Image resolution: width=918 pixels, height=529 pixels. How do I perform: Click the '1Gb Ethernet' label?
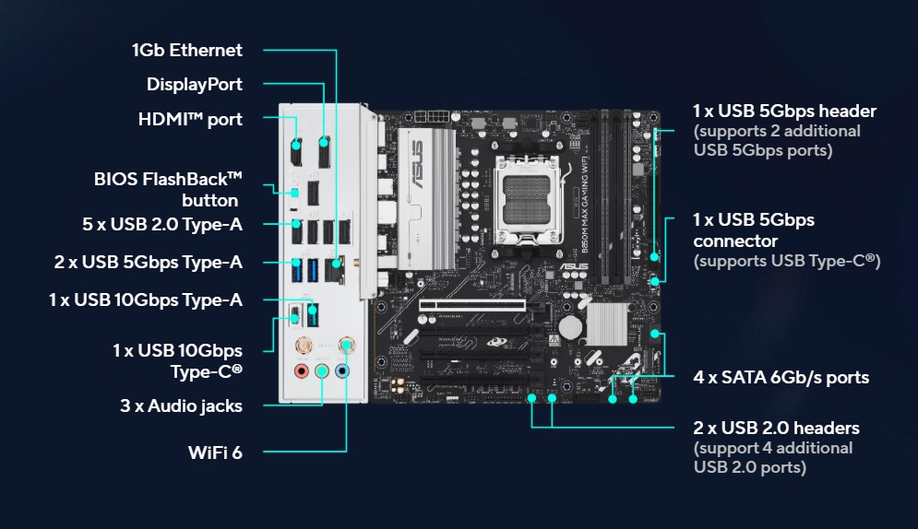pyautogui.click(x=187, y=50)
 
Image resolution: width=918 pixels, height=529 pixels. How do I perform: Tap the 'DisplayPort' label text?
pyautogui.click(x=195, y=84)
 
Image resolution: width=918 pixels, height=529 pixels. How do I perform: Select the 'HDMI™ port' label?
pyautogui.click(x=190, y=119)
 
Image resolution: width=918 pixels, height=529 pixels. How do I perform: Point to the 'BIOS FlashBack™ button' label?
pyautogui.click(x=168, y=188)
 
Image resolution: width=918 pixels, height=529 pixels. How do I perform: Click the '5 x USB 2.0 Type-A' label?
pyautogui.click(x=162, y=224)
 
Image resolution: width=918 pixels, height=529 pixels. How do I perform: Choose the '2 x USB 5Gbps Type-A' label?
pyautogui.click(x=148, y=262)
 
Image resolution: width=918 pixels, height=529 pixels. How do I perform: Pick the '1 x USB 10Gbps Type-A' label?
pyautogui.click(x=145, y=300)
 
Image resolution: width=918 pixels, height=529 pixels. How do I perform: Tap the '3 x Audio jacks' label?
pyautogui.click(x=181, y=405)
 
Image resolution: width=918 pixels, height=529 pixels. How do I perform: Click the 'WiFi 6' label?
pyautogui.click(x=214, y=453)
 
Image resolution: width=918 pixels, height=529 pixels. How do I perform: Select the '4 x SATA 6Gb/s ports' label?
pyautogui.click(x=781, y=377)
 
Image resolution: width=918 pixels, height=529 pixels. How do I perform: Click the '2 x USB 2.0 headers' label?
pyautogui.click(x=776, y=428)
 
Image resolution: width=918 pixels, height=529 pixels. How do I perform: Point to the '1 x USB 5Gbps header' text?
pyautogui.click(x=784, y=111)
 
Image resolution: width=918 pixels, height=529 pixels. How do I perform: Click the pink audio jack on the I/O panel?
pyautogui.click(x=301, y=371)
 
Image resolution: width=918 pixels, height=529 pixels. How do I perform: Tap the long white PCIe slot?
pyautogui.click(x=472, y=302)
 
